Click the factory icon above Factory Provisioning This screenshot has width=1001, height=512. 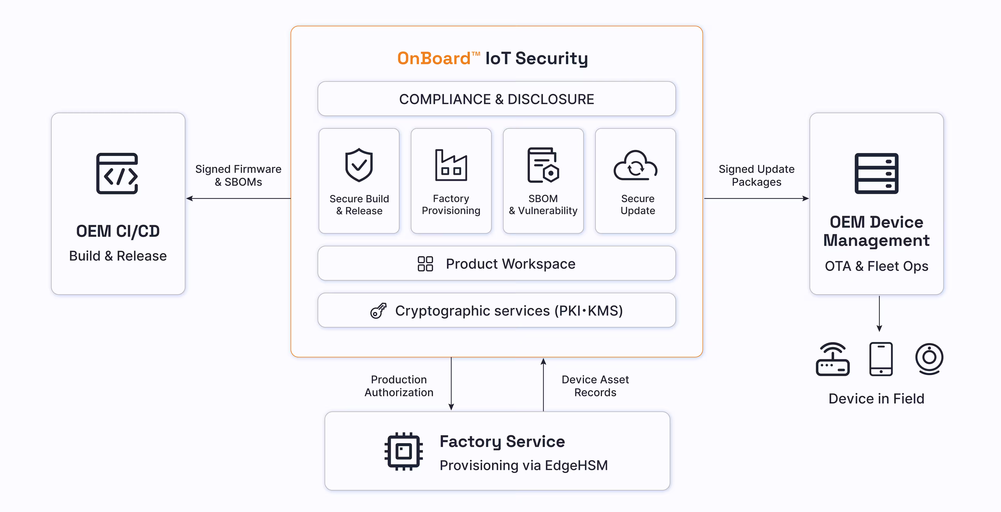[451, 165]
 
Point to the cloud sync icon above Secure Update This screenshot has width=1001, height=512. [635, 165]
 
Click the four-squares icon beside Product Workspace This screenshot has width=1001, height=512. [425, 264]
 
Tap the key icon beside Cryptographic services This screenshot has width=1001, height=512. [378, 311]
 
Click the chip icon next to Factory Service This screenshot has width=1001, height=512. [404, 451]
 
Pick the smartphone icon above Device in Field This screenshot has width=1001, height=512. [881, 359]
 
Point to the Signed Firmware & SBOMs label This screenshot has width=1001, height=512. [238, 175]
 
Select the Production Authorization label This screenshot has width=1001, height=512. [399, 386]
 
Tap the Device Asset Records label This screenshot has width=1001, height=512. [595, 386]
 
